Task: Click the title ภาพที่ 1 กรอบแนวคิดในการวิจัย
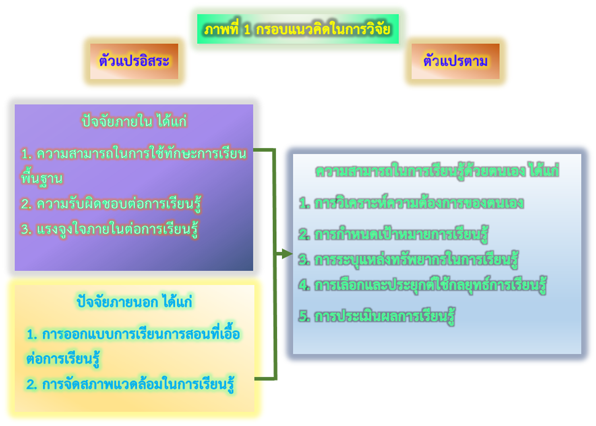[x=298, y=29]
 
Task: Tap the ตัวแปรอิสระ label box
[x=134, y=62]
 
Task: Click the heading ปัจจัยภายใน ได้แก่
[x=134, y=122]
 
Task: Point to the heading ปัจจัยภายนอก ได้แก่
[x=134, y=302]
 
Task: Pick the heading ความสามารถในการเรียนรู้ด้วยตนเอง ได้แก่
[x=437, y=171]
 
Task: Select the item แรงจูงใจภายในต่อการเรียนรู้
[x=109, y=230]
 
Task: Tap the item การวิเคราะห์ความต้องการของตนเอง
[x=411, y=203]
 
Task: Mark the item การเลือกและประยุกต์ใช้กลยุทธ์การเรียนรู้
[x=423, y=285]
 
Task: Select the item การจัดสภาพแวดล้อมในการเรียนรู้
[x=131, y=384]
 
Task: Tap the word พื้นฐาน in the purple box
[x=42, y=179]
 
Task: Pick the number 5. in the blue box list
[x=304, y=316]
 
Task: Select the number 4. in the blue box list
[x=304, y=285]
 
